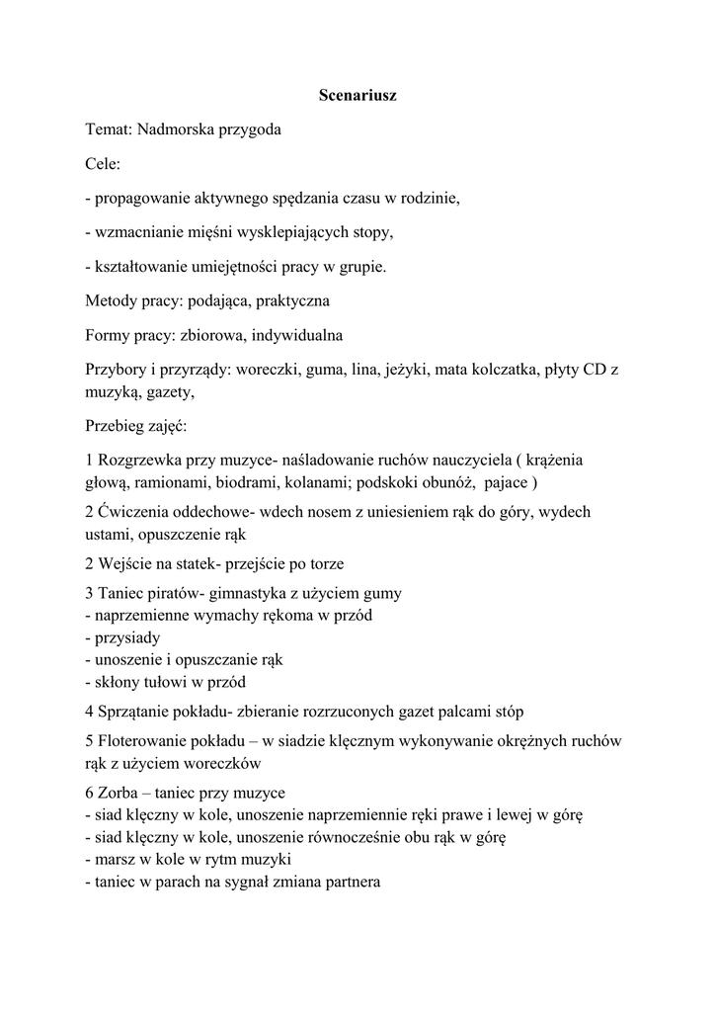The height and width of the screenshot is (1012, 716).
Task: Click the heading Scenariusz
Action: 358,96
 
